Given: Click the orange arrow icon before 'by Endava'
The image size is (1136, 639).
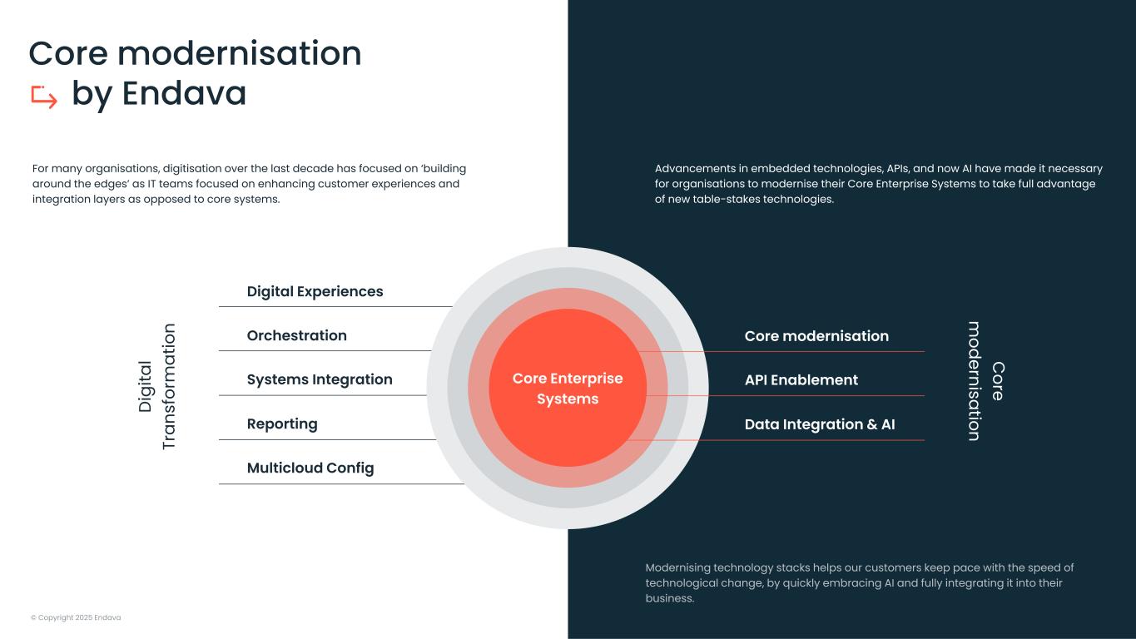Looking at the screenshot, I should click(x=44, y=97).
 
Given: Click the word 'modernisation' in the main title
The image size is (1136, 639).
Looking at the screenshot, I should click(x=240, y=53).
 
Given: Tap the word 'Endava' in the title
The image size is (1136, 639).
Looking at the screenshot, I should click(x=184, y=93).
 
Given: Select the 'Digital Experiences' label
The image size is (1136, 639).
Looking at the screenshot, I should click(x=315, y=291).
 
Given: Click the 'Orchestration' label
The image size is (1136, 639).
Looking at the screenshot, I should click(x=296, y=335).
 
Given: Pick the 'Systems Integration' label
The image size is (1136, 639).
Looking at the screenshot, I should click(x=320, y=379).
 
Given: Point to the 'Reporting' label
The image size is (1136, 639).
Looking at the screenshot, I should click(x=282, y=424).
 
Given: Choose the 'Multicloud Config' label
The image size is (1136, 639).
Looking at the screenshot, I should click(x=310, y=468).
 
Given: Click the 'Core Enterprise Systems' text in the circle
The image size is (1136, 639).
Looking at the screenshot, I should click(x=568, y=389).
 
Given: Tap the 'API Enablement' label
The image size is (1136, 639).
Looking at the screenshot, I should click(x=801, y=380).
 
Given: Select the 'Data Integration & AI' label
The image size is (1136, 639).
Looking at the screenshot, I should click(x=820, y=424).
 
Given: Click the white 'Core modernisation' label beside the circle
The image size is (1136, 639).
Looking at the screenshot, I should click(x=816, y=336).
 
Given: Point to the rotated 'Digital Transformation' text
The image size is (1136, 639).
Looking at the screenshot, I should click(x=156, y=387).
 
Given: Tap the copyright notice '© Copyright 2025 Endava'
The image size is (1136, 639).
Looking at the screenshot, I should click(x=76, y=617).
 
